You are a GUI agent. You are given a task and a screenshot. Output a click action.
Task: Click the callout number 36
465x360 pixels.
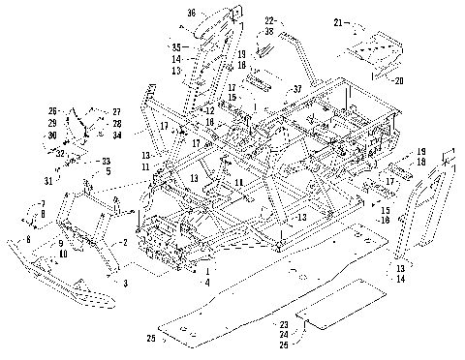tap(191, 13)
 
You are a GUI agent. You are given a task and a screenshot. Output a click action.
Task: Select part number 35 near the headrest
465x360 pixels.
tap(176, 46)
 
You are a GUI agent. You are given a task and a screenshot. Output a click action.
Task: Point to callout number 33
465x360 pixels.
tap(107, 161)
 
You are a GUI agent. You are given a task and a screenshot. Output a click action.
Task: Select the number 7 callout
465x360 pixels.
tap(43, 202)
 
